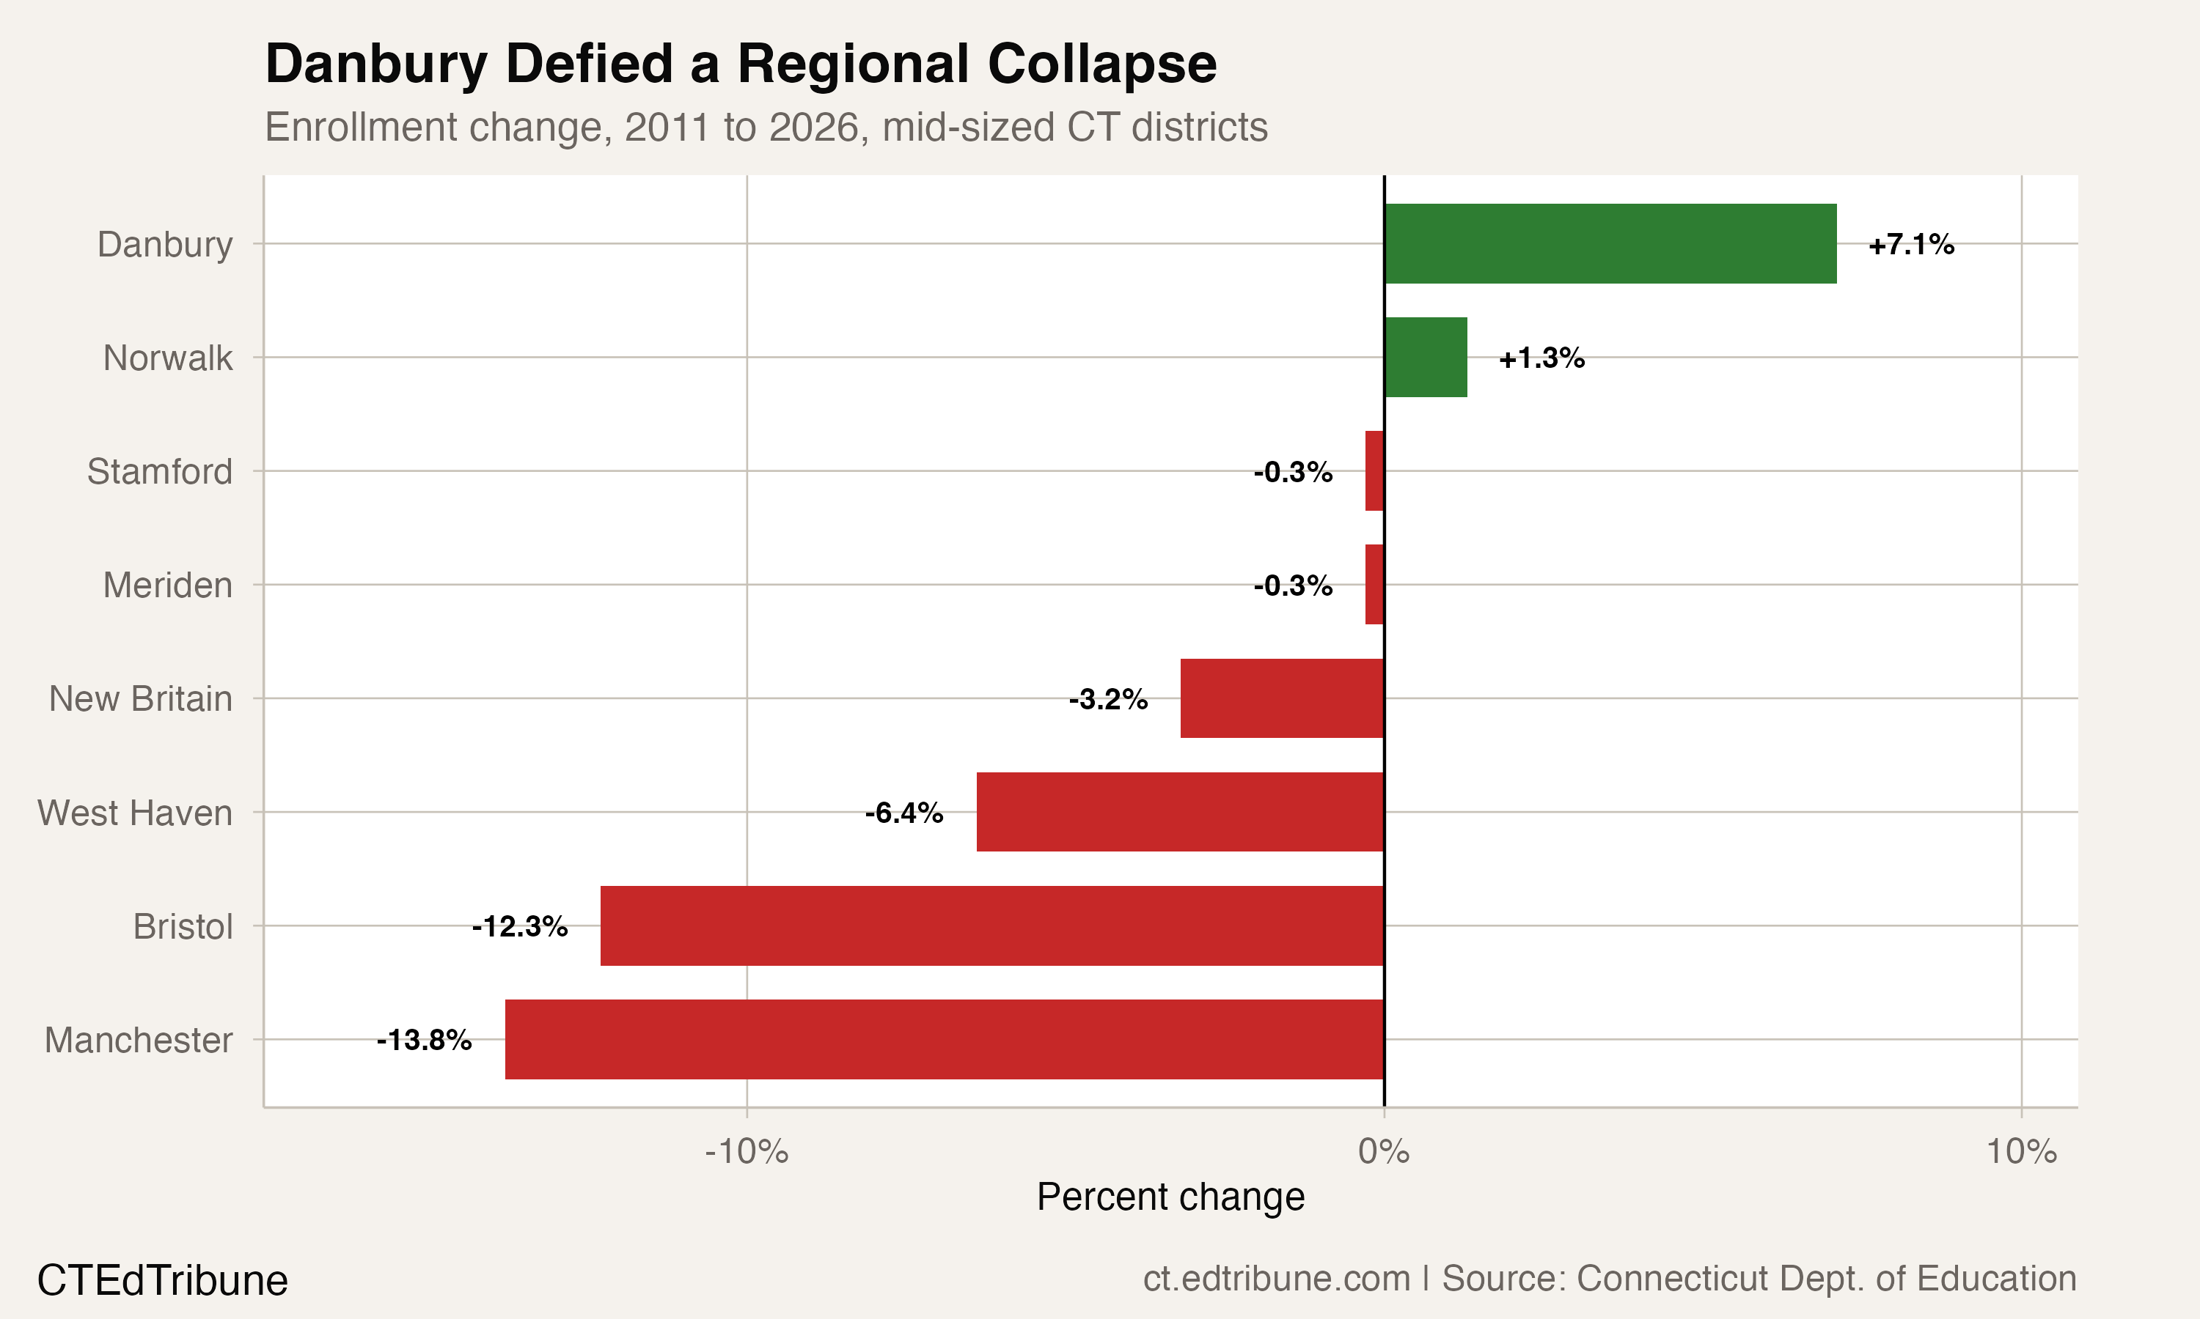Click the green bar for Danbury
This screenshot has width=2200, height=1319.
pyautogui.click(x=1610, y=243)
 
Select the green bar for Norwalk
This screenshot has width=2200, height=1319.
pyautogui.click(x=1426, y=358)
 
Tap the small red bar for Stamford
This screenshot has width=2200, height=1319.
pyautogui.click(x=1375, y=471)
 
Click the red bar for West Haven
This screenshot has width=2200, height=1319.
pyautogui.click(x=1179, y=813)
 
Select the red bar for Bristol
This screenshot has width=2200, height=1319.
pyautogui.click(x=991, y=926)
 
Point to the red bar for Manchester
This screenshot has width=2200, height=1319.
pyautogui.click(x=944, y=1039)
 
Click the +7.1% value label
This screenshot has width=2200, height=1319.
pyautogui.click(x=1911, y=245)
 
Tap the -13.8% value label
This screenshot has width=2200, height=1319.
pyautogui.click(x=424, y=1040)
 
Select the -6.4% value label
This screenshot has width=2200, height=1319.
pyautogui.click(x=903, y=813)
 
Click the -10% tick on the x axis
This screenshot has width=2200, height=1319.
pyautogui.click(x=746, y=1152)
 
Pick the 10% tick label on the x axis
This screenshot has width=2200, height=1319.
pyautogui.click(x=2021, y=1152)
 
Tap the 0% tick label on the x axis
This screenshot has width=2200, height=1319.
pyautogui.click(x=1384, y=1152)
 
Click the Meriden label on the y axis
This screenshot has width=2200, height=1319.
pyautogui.click(x=167, y=585)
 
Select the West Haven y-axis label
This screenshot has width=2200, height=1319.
pyautogui.click(x=135, y=813)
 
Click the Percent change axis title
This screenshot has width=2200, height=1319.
pyautogui.click(x=1170, y=1197)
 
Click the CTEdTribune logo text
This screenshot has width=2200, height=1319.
pyautogui.click(x=163, y=1281)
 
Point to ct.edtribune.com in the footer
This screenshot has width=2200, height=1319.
pyautogui.click(x=1276, y=1279)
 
